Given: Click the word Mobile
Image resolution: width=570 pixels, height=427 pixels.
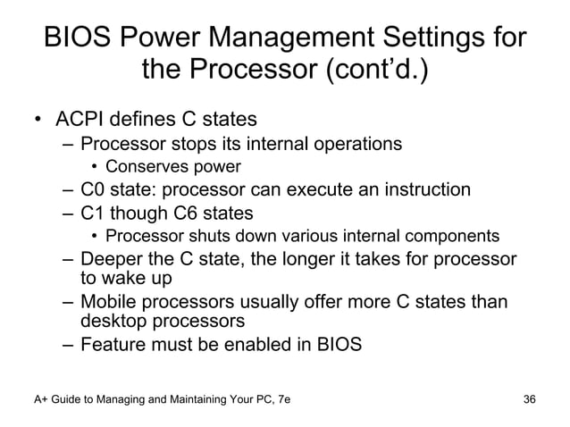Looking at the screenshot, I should point(106,303).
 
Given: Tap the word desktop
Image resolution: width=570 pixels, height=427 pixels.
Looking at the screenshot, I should point(113,321).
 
